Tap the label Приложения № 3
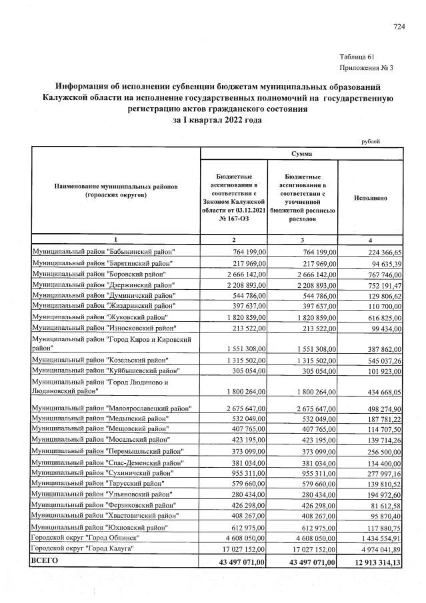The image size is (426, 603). [x=366, y=67]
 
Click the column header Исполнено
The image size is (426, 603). [x=371, y=198]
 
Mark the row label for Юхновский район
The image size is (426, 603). [x=99, y=527]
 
